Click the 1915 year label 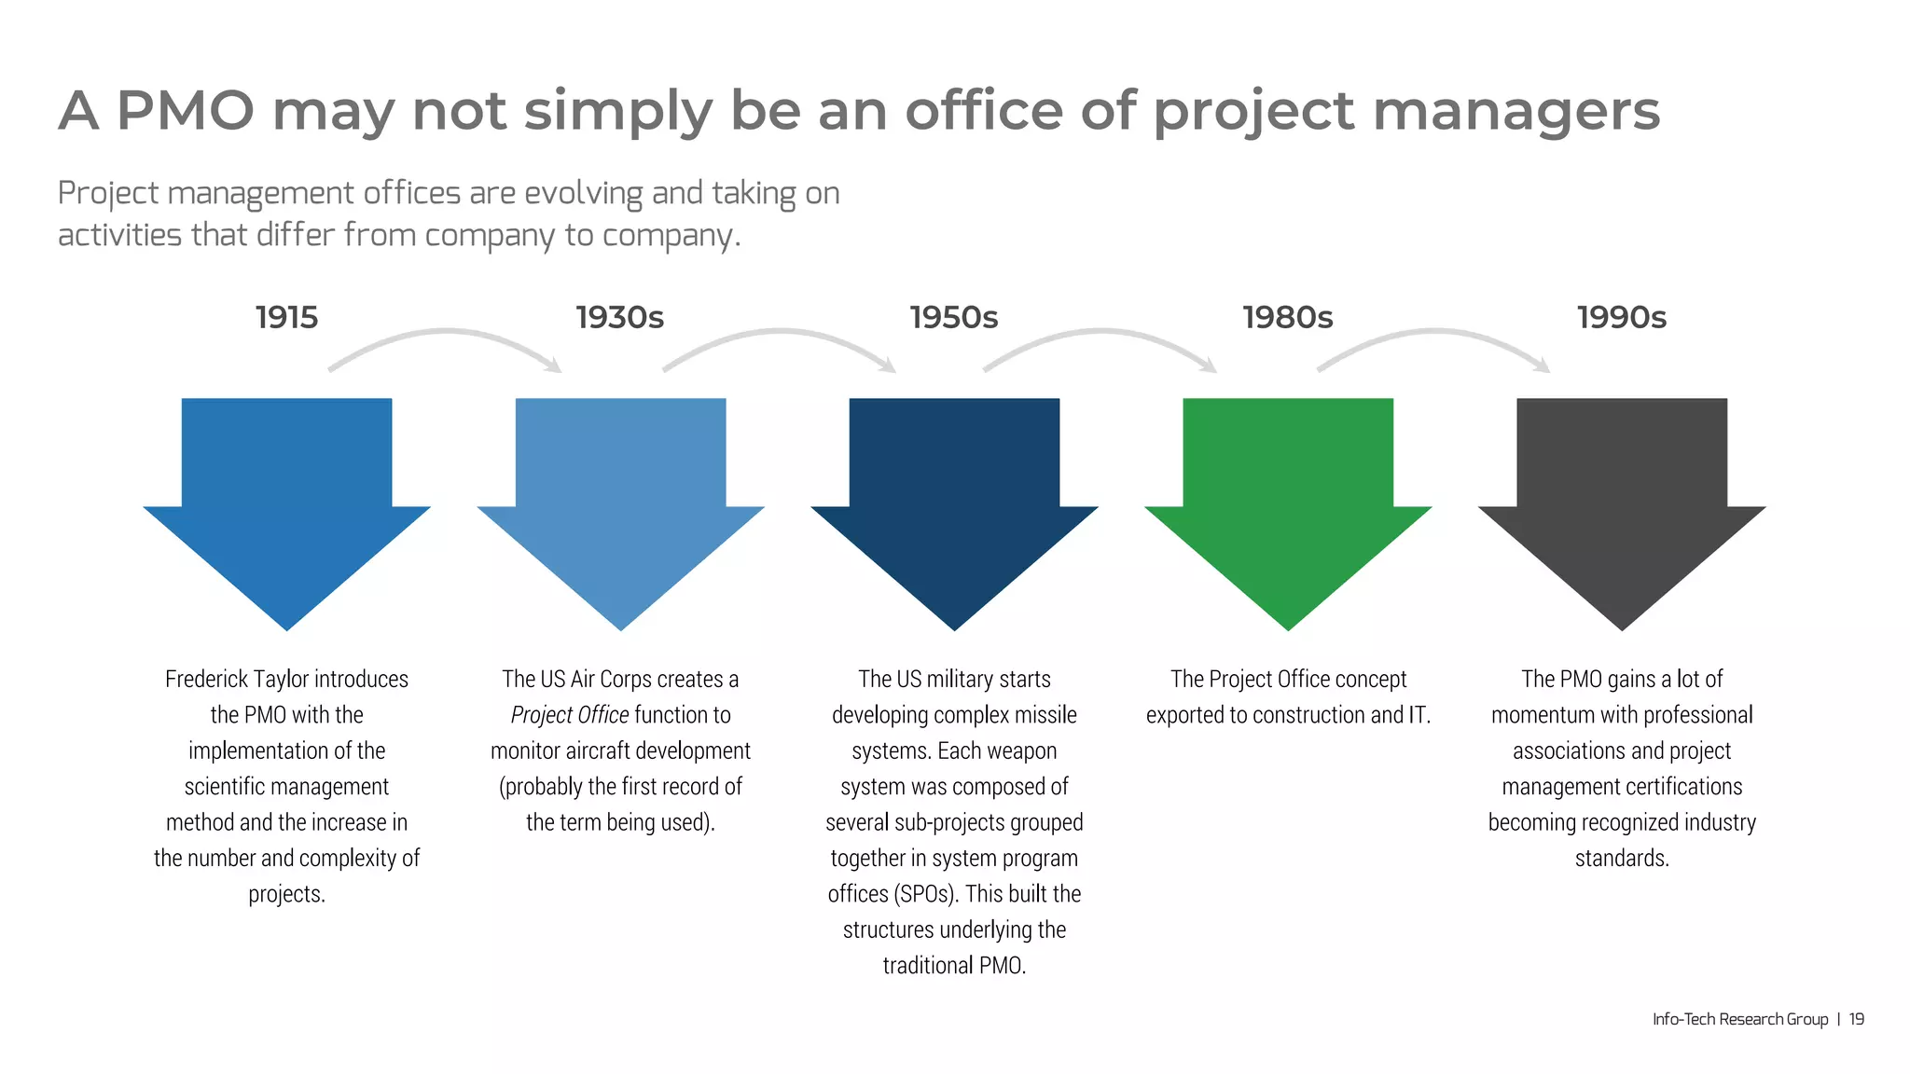[x=286, y=318]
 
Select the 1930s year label [x=620, y=318]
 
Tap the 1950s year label [x=954, y=318]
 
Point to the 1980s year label [x=1288, y=318]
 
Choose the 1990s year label [x=1622, y=318]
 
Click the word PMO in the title [x=186, y=111]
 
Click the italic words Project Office [x=570, y=715]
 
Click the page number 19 [x=1857, y=1019]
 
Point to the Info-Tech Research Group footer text [x=1740, y=1019]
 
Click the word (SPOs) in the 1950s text [x=925, y=894]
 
